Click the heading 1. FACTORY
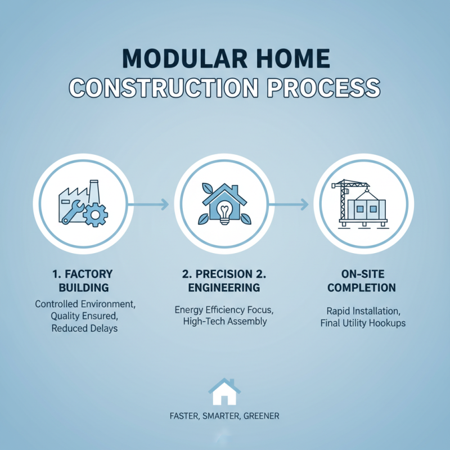tap(82, 274)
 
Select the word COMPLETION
tap(362, 288)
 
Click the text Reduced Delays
tap(84, 328)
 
